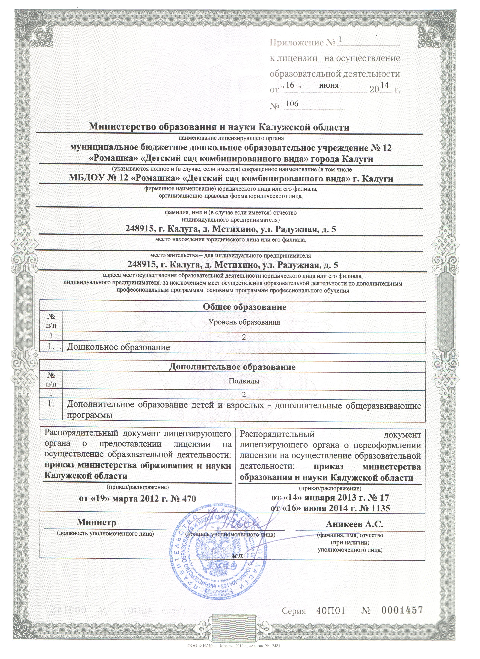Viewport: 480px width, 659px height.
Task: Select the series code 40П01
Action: pos(331,608)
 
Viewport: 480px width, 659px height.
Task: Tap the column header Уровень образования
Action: pos(244,322)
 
